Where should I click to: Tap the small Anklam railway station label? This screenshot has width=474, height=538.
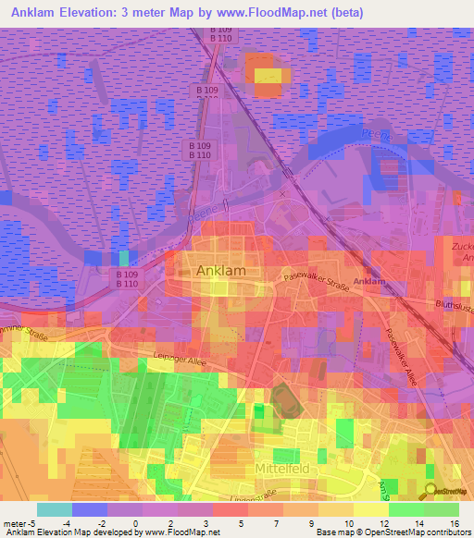coord(369,281)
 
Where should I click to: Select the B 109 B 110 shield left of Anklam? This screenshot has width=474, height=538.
coord(127,278)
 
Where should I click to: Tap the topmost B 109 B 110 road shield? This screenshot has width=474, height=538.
coord(220,34)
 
